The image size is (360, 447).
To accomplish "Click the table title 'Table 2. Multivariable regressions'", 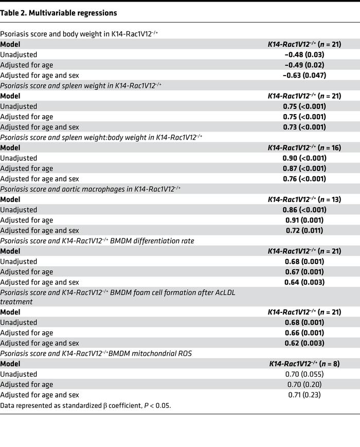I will point(59,13).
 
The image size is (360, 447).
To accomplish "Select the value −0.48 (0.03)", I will point(304,54).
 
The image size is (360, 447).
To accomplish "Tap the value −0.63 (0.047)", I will point(304,75).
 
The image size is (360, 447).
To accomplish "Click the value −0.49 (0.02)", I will point(304,65).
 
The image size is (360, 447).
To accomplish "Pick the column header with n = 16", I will point(304,147).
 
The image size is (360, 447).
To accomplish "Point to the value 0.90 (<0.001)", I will point(304,158).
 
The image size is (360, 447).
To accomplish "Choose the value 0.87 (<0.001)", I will point(304,168).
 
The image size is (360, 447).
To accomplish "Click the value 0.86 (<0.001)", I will point(304,210).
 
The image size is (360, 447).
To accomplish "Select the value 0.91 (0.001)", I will point(304,220).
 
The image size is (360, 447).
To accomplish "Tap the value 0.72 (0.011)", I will point(304,230).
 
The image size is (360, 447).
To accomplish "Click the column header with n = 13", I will point(304,199).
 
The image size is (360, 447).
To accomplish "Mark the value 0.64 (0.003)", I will point(304,282).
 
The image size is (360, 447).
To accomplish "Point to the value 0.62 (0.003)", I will point(304,343).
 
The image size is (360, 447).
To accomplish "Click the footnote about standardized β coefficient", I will point(85,405).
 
